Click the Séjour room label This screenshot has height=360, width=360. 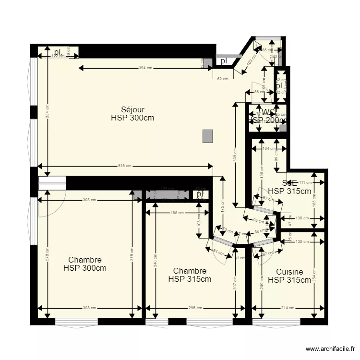pos(132,109)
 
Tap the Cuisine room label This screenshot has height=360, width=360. pos(289,272)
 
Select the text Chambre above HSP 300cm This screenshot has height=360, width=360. pos(85,260)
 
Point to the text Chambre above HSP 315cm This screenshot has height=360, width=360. pos(190,271)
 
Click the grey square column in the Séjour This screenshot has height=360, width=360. pos(208,136)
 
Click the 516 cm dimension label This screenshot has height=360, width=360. pos(125,166)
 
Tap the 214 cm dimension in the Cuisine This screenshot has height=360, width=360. pos(287,308)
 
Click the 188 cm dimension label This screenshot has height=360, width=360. pos(177,213)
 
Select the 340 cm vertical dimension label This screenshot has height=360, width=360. pos(155,263)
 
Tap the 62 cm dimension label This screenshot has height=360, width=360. pos(222,78)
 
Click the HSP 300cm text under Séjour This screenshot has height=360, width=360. pos(132,118)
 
